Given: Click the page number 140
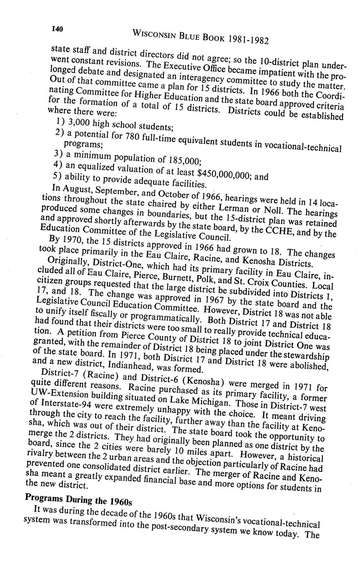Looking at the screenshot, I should (x=57, y=28).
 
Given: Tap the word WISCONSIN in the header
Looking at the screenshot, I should (x=154, y=34).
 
